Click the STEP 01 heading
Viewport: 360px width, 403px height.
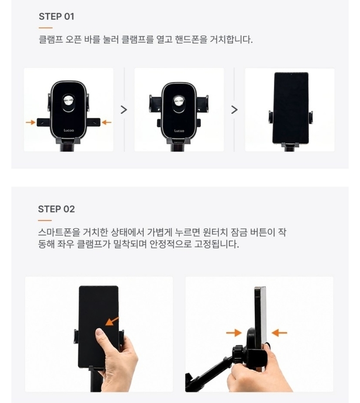click(x=56, y=16)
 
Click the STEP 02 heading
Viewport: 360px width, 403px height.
click(x=56, y=209)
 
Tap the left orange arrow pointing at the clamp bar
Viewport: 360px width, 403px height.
click(x=30, y=122)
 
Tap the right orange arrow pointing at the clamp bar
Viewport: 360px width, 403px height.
click(x=107, y=122)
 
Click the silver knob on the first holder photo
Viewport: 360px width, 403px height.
click(x=69, y=101)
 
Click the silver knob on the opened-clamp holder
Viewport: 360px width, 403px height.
click(x=179, y=101)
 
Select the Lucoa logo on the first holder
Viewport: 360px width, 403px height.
click(x=69, y=131)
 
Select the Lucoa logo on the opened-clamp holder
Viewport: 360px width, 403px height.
click(x=179, y=131)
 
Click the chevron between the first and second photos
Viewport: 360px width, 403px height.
click(x=124, y=110)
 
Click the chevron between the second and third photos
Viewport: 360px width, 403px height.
click(x=234, y=110)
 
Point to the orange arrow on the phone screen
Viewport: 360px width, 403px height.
click(x=112, y=321)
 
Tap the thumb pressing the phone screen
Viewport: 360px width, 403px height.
click(x=100, y=335)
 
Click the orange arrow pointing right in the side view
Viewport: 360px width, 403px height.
click(x=234, y=333)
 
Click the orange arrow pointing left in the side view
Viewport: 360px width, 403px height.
click(x=279, y=333)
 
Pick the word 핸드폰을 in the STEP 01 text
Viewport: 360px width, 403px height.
click(x=191, y=39)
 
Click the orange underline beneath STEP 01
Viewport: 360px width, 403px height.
click(x=46, y=28)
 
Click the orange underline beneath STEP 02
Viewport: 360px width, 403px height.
click(x=45, y=220)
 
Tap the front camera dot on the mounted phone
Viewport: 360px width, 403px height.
click(x=291, y=75)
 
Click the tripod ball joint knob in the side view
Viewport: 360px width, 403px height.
click(x=238, y=355)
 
